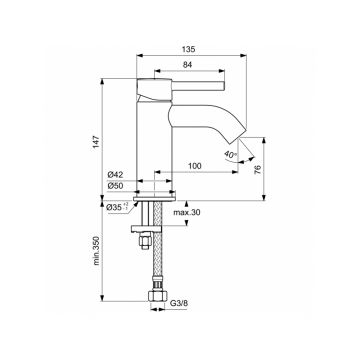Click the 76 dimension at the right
tap(257, 169)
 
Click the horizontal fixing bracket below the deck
tap(150, 214)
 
